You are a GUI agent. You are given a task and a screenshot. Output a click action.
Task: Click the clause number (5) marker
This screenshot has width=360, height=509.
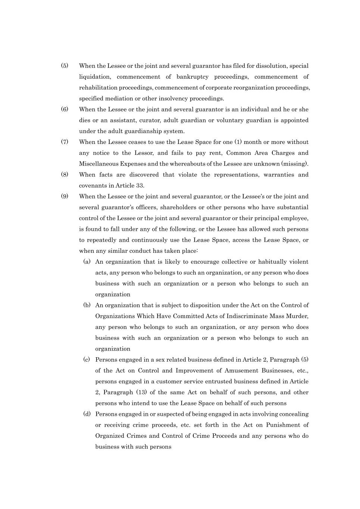65,66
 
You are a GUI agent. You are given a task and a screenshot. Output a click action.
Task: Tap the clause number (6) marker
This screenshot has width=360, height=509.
65,109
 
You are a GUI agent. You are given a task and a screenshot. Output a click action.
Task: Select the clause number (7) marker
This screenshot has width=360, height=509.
65,142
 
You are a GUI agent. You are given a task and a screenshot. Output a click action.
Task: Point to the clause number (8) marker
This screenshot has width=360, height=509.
65,175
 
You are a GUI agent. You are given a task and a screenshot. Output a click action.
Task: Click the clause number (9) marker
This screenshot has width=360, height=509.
65,196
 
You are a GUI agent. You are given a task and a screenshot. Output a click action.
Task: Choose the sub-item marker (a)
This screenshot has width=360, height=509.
87,262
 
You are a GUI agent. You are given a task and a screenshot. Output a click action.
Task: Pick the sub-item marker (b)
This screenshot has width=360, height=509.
87,305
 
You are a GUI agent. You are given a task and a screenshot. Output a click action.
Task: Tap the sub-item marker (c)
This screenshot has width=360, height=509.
87,359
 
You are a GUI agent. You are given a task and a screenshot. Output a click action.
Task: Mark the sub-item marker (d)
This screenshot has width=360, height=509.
87,414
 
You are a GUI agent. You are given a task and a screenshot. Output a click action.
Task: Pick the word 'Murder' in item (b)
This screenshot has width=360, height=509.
297,316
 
